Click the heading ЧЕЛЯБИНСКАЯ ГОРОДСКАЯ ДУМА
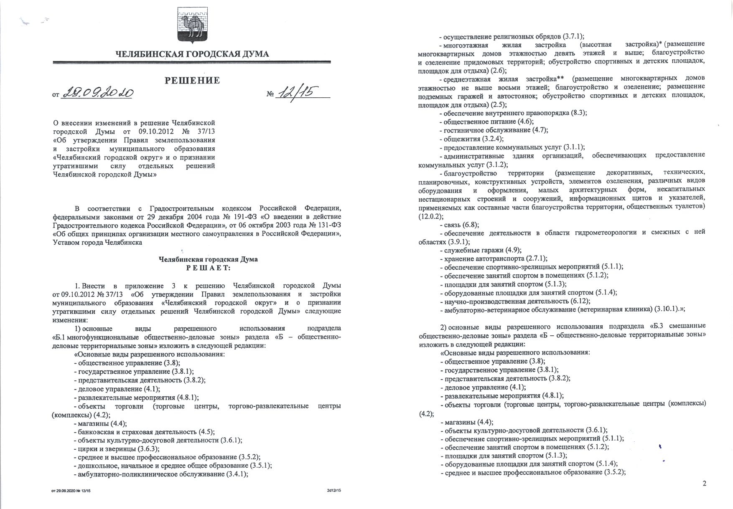[x=192, y=54]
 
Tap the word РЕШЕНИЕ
[x=192, y=80]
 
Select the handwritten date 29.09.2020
[x=98, y=93]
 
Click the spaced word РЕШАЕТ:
[x=208, y=268]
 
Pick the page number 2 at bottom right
[x=705, y=484]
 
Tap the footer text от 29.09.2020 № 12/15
[x=71, y=491]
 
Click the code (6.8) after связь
[x=471, y=225]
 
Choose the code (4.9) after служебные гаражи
[x=513, y=250]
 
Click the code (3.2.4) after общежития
[x=493, y=139]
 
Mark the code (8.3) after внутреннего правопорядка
[x=579, y=113]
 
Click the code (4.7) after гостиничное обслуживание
[x=540, y=130]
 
